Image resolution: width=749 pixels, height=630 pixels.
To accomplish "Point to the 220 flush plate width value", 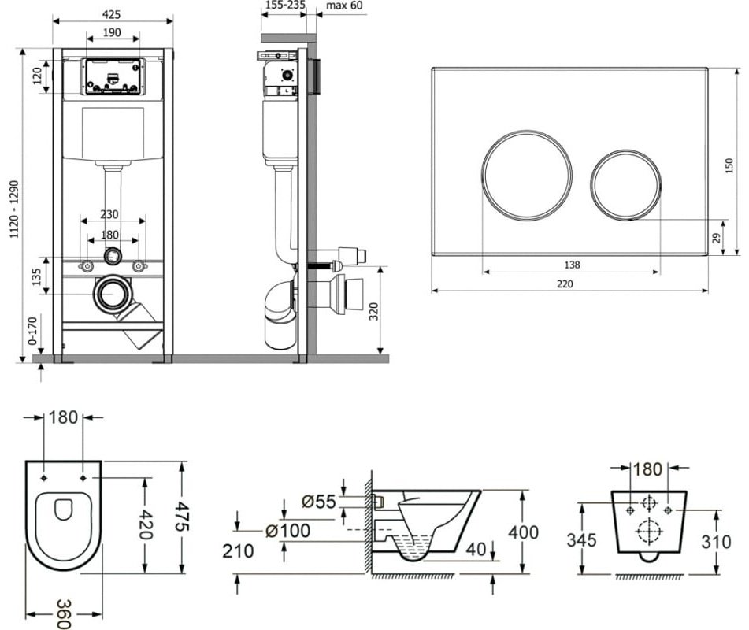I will click(564, 284).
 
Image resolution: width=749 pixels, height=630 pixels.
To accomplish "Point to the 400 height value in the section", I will click(525, 533).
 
